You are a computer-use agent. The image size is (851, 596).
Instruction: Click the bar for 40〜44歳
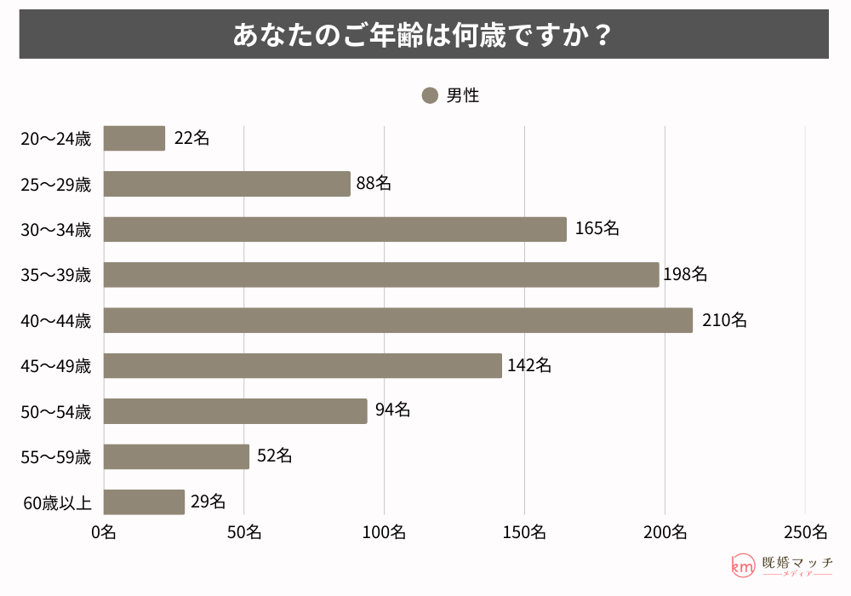click(x=398, y=320)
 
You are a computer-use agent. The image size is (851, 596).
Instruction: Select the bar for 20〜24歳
click(x=134, y=138)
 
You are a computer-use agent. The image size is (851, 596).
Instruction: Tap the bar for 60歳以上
click(x=144, y=501)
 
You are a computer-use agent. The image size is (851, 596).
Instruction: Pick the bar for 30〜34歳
click(x=335, y=229)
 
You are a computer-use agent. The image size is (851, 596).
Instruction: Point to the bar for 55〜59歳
click(x=176, y=456)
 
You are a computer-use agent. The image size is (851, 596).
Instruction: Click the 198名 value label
click(x=685, y=274)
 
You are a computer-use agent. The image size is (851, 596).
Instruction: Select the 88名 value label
click(x=374, y=183)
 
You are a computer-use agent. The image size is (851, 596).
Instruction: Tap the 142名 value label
click(x=528, y=365)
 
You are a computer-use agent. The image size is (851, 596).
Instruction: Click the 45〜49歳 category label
click(x=56, y=366)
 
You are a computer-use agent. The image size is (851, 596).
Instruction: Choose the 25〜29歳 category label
click(x=56, y=184)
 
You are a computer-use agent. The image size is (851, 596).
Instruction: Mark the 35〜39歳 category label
click(x=56, y=275)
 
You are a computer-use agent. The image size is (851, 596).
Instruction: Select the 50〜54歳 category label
click(x=56, y=411)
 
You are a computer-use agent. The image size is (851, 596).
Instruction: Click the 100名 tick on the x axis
click(x=385, y=532)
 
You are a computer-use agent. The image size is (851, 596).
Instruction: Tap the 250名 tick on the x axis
click(x=805, y=532)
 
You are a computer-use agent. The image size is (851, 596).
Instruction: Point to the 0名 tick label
click(x=104, y=532)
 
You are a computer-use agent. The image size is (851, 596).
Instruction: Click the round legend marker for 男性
click(x=430, y=95)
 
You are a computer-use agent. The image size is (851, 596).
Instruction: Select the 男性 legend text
click(x=463, y=95)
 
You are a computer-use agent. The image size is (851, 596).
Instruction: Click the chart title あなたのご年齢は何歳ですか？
click(x=424, y=35)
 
